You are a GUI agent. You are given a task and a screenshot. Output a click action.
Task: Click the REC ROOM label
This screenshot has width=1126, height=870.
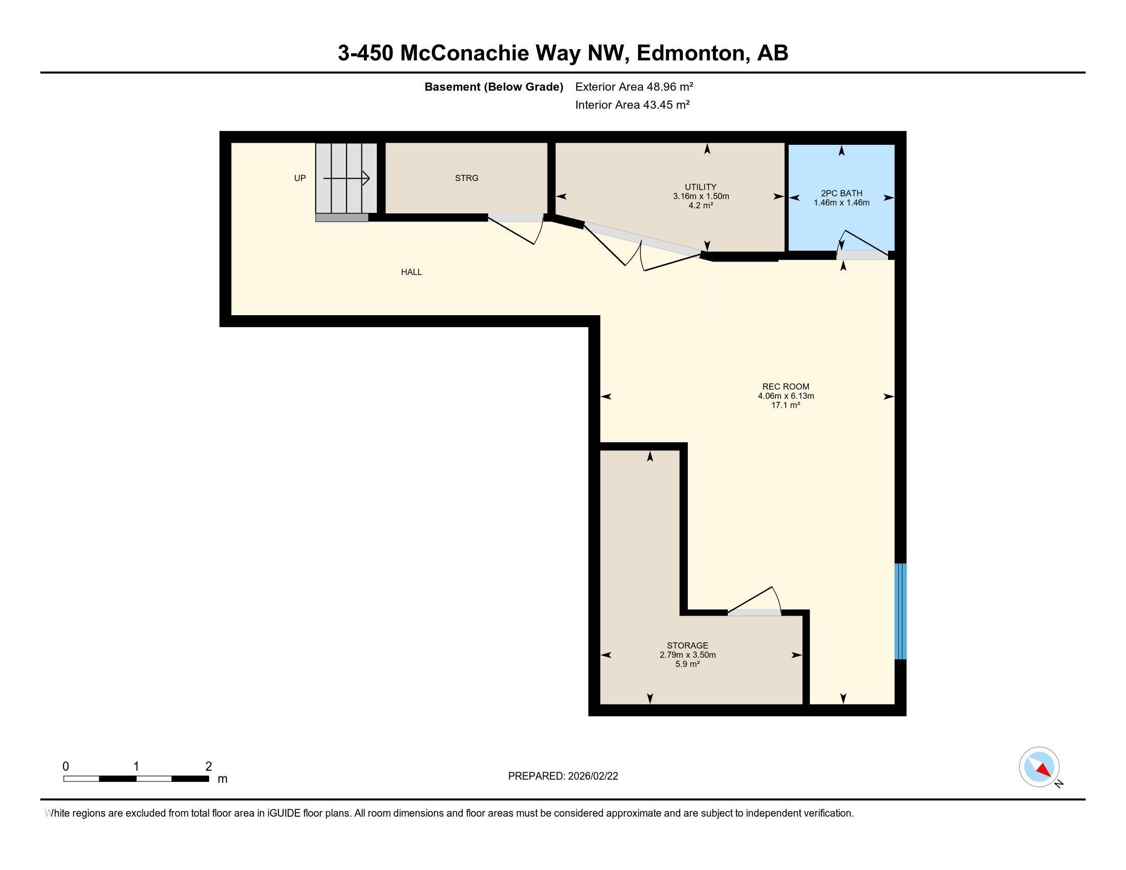tap(785, 386)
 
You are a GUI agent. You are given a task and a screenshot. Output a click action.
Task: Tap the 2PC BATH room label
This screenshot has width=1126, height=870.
tap(841, 193)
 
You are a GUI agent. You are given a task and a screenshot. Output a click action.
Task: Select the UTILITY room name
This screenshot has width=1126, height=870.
tap(700, 187)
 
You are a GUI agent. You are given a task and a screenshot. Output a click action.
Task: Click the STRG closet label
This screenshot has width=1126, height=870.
tap(467, 178)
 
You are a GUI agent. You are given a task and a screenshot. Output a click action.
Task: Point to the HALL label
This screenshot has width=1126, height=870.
tap(412, 272)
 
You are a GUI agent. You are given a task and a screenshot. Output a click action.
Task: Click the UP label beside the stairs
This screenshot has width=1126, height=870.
tap(299, 178)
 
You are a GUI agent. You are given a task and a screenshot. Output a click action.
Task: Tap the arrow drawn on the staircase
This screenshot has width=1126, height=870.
tap(347, 178)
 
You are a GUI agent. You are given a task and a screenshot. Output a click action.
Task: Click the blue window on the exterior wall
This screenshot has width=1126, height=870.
tap(900, 611)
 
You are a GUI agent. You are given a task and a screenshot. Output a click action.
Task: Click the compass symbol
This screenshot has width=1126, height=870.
tap(1039, 767)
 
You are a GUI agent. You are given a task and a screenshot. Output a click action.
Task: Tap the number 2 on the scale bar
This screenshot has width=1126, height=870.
tap(208, 766)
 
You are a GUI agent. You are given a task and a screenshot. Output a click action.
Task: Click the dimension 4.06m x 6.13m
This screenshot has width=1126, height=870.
tap(785, 396)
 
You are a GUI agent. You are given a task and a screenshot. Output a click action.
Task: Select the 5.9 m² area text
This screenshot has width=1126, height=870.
tap(687, 664)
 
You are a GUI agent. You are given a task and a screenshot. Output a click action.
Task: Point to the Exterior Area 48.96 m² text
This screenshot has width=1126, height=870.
tap(634, 86)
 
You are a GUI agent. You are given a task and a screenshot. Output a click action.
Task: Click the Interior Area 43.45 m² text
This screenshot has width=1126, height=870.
tap(632, 104)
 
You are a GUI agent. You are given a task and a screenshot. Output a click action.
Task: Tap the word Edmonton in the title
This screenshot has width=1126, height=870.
tap(692, 53)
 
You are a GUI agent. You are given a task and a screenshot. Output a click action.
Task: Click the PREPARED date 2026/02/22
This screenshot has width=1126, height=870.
tap(592, 776)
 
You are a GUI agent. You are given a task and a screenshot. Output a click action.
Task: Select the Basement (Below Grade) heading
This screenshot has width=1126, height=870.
tap(493, 86)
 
